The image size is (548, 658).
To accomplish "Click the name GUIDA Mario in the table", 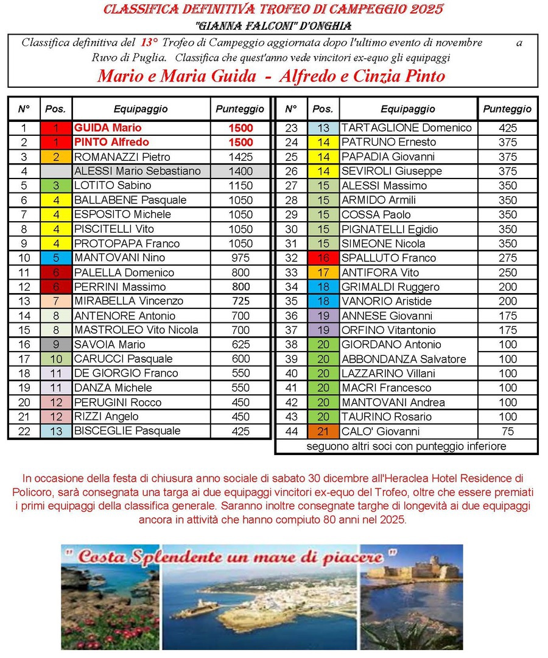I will [x=108, y=128].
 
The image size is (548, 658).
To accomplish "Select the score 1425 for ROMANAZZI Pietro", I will [x=241, y=157].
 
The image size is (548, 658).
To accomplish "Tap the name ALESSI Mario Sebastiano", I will [x=137, y=171].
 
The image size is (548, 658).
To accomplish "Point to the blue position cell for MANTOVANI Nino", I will [x=56, y=258].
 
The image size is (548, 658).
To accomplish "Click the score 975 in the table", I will [x=241, y=258].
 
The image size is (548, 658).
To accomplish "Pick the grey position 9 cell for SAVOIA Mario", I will [x=56, y=344].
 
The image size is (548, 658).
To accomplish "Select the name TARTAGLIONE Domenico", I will [x=406, y=128].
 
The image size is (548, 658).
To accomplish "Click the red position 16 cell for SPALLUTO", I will [x=323, y=258].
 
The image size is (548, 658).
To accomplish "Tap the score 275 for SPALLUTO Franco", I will [x=507, y=258].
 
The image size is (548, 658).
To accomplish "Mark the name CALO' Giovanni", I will [x=381, y=431].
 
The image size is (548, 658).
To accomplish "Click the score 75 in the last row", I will [x=507, y=431].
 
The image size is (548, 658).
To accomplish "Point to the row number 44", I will [x=291, y=431].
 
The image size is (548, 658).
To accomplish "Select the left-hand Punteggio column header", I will [x=241, y=109].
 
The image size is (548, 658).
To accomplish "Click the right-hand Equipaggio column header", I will [x=408, y=109].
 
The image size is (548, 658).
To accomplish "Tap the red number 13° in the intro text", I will [x=149, y=43].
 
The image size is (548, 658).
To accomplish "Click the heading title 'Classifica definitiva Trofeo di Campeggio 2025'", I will [x=273, y=9].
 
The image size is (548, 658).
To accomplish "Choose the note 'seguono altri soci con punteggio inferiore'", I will [x=406, y=447].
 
